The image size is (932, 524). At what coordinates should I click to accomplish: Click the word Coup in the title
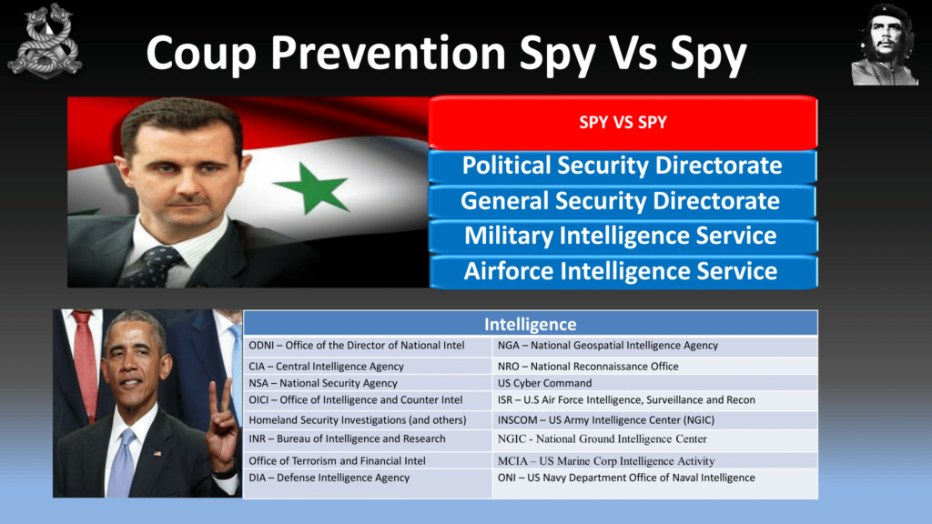pos(201,54)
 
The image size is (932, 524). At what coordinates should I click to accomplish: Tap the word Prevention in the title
pos(388,53)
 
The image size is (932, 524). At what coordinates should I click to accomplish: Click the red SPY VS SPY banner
pos(623,123)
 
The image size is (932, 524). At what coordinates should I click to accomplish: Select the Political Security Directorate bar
pos(623,166)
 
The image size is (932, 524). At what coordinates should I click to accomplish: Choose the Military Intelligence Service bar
pos(623,236)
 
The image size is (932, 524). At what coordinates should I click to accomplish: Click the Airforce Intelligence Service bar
pos(623,271)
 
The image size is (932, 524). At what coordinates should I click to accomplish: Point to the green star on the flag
pos(311,187)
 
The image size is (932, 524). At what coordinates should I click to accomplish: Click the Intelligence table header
pos(531,324)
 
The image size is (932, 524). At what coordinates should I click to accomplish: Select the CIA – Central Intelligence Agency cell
pos(368,366)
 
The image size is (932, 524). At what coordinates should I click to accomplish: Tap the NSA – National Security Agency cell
pos(368,383)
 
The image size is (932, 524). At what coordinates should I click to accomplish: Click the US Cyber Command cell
pos(655,383)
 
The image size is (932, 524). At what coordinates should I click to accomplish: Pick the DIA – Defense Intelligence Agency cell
pos(368,483)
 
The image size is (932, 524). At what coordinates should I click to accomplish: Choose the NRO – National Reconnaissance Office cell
pos(655,366)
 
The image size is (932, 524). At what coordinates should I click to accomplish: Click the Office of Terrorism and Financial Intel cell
pos(368,460)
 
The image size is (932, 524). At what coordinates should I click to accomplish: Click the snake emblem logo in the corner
pos(46,41)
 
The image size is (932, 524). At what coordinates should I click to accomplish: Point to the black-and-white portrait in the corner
pos(885,45)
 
